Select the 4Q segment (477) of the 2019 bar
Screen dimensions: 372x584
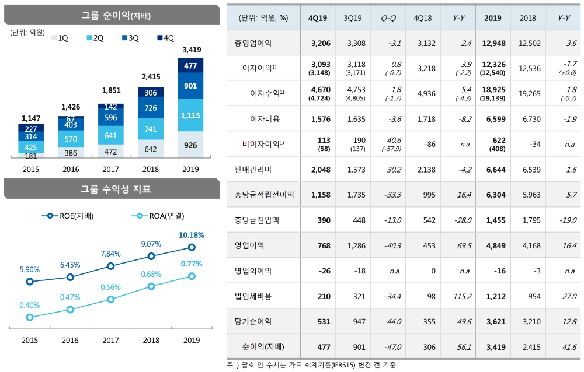click(x=190, y=66)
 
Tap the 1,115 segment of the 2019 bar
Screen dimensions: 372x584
click(x=190, y=115)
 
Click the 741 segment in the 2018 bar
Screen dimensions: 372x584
click(x=150, y=128)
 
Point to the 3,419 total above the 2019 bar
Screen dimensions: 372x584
click(x=190, y=49)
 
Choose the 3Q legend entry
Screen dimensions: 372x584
click(x=129, y=38)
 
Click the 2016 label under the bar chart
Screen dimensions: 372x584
click(x=69, y=169)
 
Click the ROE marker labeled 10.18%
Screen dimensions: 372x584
click(x=192, y=247)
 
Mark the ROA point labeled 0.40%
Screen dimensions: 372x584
click(x=30, y=317)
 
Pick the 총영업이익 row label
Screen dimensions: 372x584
click(x=256, y=43)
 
